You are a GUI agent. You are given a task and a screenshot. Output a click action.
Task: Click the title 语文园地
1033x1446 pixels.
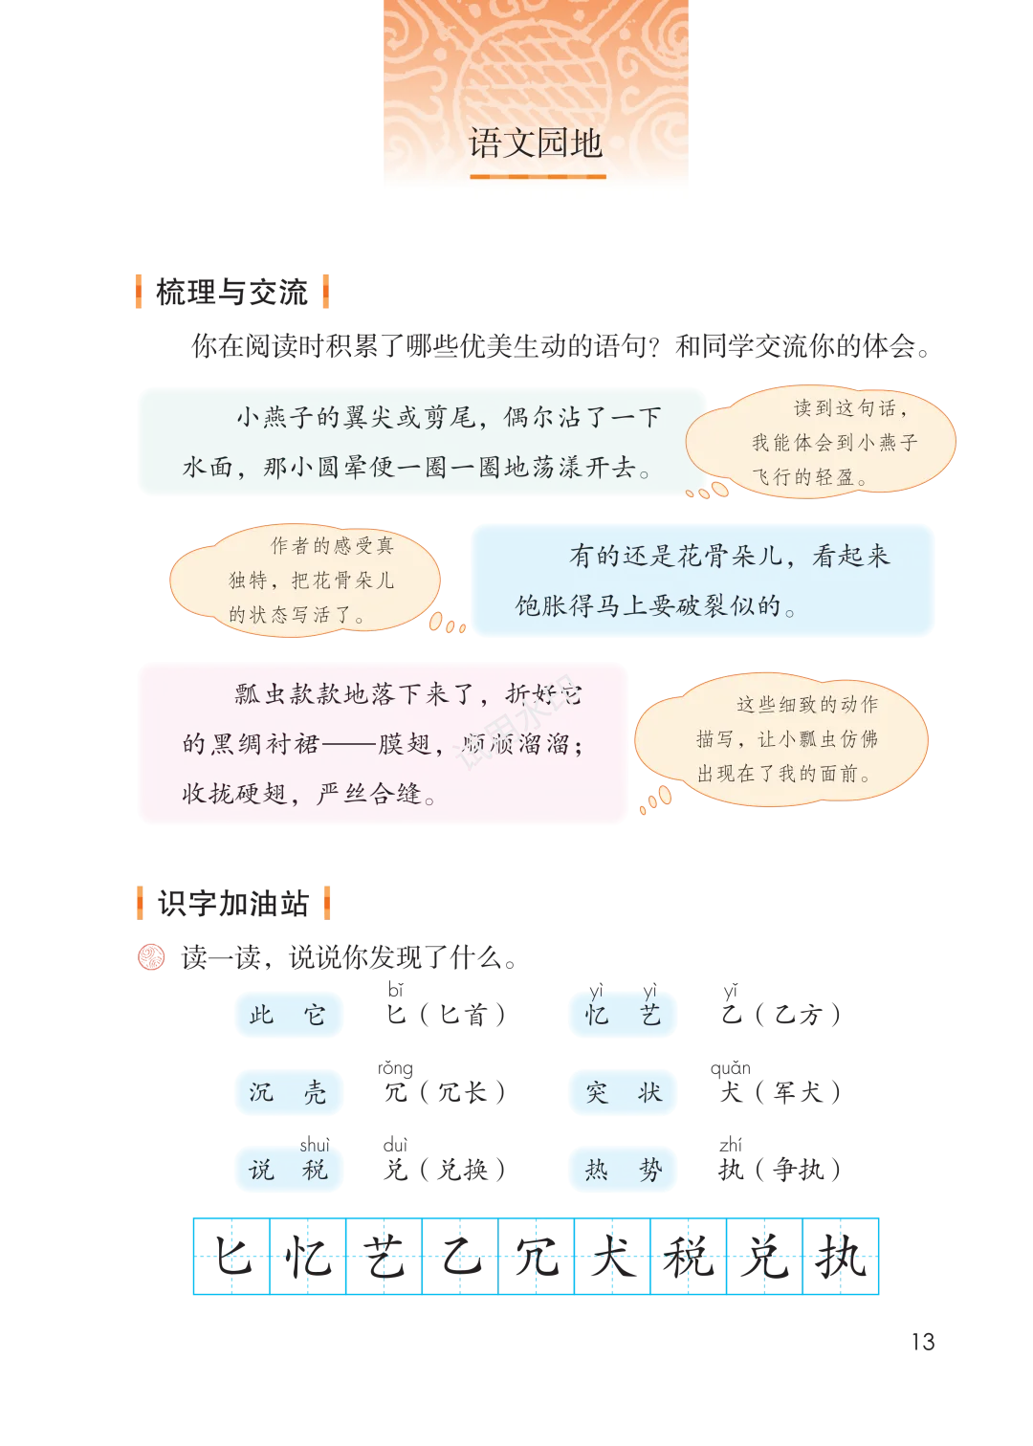(535, 143)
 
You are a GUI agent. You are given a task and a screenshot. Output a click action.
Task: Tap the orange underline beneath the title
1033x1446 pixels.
(538, 176)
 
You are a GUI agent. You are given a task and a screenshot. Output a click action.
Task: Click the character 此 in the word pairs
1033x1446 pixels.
(261, 1015)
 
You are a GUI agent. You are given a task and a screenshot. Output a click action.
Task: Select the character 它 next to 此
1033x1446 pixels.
(315, 1015)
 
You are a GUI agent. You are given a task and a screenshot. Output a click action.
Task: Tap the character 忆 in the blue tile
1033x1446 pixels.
(597, 1016)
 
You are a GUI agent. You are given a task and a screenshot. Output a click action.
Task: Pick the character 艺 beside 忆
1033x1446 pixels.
(650, 1016)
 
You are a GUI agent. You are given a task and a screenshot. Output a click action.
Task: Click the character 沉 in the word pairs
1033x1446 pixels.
(261, 1092)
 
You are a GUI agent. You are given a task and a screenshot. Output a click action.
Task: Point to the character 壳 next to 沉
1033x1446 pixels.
(315, 1092)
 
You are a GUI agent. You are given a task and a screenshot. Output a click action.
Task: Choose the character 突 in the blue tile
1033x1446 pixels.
(597, 1092)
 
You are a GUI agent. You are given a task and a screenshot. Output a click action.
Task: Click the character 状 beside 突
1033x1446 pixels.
(650, 1092)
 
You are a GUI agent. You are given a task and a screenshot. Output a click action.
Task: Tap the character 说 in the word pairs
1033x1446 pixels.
(261, 1170)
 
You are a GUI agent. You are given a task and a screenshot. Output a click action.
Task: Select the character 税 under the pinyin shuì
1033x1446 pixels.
(315, 1170)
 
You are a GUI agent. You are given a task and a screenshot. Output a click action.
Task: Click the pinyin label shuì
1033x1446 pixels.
(314, 1145)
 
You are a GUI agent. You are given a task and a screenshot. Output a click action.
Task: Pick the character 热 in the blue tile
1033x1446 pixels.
(597, 1170)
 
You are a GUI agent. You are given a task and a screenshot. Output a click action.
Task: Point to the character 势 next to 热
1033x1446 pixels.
(650, 1170)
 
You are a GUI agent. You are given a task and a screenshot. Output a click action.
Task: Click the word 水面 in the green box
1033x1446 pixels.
(208, 468)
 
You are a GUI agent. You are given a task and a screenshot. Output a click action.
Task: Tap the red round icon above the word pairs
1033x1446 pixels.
(152, 956)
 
